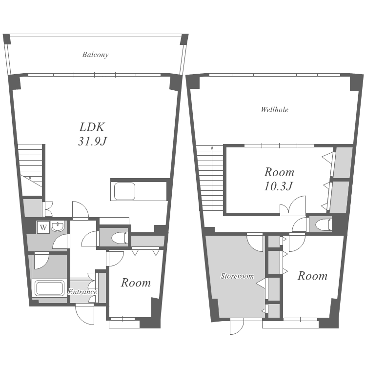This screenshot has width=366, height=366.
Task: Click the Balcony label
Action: click(x=95, y=55)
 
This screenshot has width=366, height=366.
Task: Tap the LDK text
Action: click(x=92, y=127)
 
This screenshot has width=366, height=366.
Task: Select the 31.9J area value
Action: click(x=92, y=141)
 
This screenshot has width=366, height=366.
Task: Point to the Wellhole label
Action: click(x=274, y=109)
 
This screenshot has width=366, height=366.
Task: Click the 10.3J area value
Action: click(x=278, y=186)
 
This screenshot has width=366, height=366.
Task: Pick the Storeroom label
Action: click(x=237, y=276)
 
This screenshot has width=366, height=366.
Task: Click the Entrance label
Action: click(x=82, y=292)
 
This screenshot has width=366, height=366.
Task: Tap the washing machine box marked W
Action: click(x=43, y=227)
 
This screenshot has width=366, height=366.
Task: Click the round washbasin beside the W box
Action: click(x=57, y=226)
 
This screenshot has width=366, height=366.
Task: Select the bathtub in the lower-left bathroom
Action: click(x=49, y=288)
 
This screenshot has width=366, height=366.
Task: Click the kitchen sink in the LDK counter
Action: click(x=124, y=191)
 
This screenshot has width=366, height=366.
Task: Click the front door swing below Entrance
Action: click(x=85, y=315)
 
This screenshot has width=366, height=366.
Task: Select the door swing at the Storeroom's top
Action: click(x=255, y=243)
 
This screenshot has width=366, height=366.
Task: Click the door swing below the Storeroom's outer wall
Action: click(x=237, y=326)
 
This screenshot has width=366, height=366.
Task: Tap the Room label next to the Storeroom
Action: click(x=312, y=276)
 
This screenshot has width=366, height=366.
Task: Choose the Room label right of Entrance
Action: click(x=136, y=283)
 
